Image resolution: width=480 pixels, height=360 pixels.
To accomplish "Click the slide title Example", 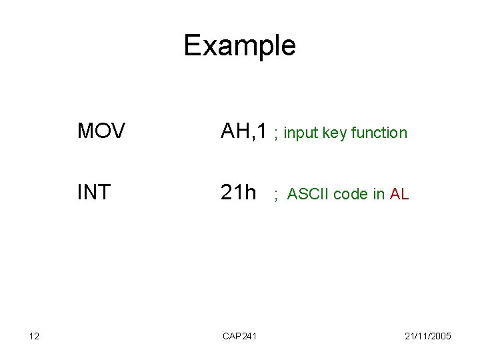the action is point(239,46).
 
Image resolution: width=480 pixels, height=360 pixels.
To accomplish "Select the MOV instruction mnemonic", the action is point(99,131).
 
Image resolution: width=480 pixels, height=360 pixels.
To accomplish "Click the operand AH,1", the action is point(244,132).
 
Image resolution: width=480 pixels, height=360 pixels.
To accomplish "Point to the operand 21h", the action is point(239,193).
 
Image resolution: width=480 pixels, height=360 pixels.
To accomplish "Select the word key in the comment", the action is point(335,133).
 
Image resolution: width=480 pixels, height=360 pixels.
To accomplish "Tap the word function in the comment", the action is point(378,133).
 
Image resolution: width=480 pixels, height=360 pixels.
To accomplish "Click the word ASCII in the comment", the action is point(309,195).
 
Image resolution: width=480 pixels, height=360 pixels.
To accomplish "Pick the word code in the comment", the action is point(351,195).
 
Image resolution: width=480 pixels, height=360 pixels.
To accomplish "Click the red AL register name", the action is point(400,195).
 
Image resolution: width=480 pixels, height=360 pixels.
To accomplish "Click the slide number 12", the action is point(35,337).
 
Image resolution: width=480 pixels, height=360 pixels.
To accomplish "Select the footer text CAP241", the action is point(239,337).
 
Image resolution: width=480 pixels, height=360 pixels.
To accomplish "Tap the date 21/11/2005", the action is point(429,337).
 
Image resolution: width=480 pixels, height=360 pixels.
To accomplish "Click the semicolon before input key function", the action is point(275,134).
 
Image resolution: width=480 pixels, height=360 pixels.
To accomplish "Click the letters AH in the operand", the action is point(234,132).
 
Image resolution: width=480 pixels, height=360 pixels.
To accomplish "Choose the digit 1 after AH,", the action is point(263,132).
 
